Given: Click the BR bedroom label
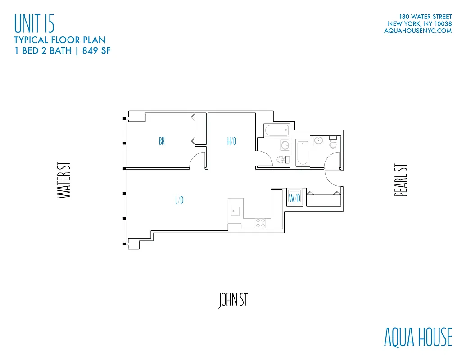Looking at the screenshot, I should pyautogui.click(x=162, y=141).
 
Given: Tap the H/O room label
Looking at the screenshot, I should pyautogui.click(x=232, y=141).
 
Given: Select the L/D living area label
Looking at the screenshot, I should pyautogui.click(x=179, y=200).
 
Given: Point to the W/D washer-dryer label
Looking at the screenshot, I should pyautogui.click(x=294, y=198).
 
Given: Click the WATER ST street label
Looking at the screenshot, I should pyautogui.click(x=64, y=180).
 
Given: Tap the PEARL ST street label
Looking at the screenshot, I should pyautogui.click(x=401, y=180).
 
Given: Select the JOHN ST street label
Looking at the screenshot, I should pyautogui.click(x=233, y=300).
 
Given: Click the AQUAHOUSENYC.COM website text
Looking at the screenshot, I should pyautogui.click(x=417, y=31).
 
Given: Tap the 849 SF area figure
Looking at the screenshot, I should pyautogui.click(x=95, y=50).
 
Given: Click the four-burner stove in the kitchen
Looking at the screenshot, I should pyautogui.click(x=260, y=222).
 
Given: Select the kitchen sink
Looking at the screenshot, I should pyautogui.click(x=235, y=210).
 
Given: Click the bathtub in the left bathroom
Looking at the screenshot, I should pyautogui.click(x=275, y=132).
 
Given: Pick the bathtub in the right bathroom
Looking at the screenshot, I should pyautogui.click(x=302, y=153).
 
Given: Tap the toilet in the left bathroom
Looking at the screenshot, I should pyautogui.click(x=281, y=159).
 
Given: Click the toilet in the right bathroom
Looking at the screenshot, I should pyautogui.click(x=333, y=144).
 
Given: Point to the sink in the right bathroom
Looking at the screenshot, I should pyautogui.click(x=319, y=140).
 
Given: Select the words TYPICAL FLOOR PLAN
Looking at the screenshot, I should pyautogui.click(x=59, y=40).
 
